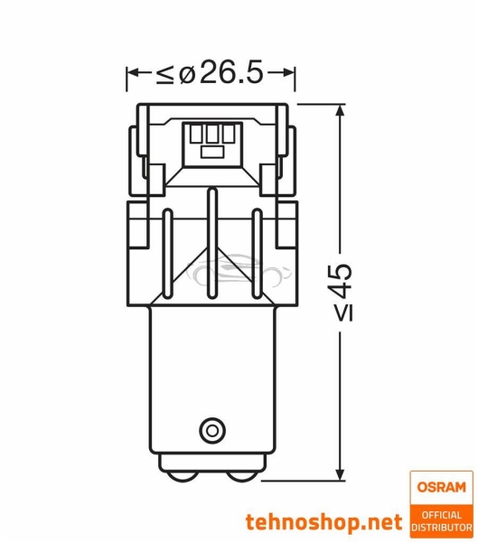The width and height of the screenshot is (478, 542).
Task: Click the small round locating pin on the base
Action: click(212, 427)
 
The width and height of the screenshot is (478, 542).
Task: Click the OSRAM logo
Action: click(440, 487)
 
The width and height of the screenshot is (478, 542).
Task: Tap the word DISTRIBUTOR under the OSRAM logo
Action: click(440, 527)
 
